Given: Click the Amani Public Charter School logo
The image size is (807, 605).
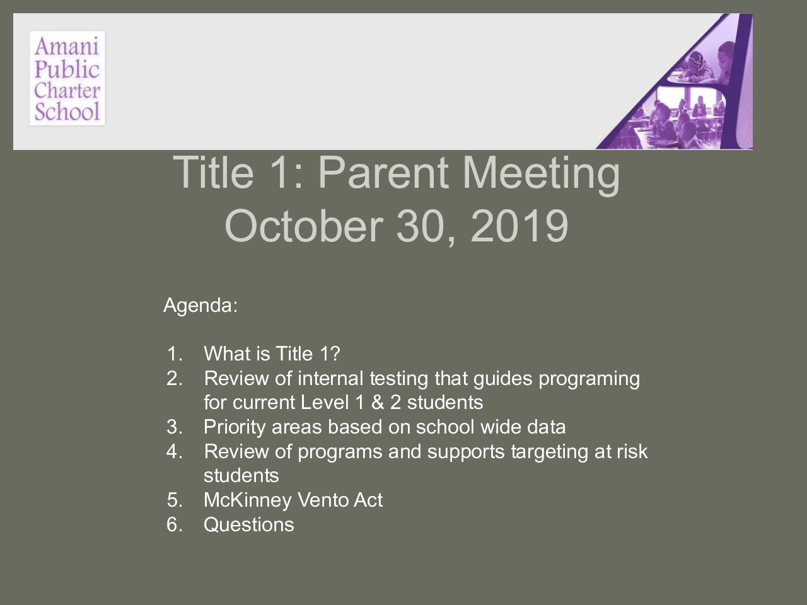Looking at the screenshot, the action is tap(67, 78).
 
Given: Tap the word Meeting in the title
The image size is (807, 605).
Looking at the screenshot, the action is tap(541, 174).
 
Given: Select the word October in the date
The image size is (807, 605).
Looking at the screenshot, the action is tap(304, 225).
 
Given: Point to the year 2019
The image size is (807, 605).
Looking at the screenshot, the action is tap(519, 226).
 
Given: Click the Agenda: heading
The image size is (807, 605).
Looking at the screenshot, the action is tap(200, 305).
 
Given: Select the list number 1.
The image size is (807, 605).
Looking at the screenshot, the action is tap(175, 354).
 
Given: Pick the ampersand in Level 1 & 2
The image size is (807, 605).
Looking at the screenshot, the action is tap(378, 402).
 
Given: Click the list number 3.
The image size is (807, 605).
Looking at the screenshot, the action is tap(175, 427).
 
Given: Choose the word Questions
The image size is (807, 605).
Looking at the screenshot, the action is tap(249, 524).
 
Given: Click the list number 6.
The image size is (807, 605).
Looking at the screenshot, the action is tap(175, 524).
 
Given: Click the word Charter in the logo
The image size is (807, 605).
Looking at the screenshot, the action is tap(67, 90).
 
